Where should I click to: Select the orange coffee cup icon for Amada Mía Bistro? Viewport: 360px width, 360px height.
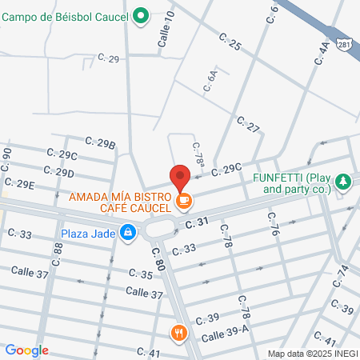tap(184, 200)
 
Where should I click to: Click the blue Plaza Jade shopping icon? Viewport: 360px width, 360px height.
tap(127, 233)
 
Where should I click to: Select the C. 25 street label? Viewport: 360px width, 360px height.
tap(230, 42)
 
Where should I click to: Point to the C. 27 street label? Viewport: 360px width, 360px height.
tap(249, 125)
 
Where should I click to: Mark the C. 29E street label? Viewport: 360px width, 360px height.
tap(19, 184)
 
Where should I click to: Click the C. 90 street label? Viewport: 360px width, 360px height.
tap(7, 158)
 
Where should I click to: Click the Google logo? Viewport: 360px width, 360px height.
tap(27, 350)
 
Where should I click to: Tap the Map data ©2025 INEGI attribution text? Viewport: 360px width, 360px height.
tap(311, 353)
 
